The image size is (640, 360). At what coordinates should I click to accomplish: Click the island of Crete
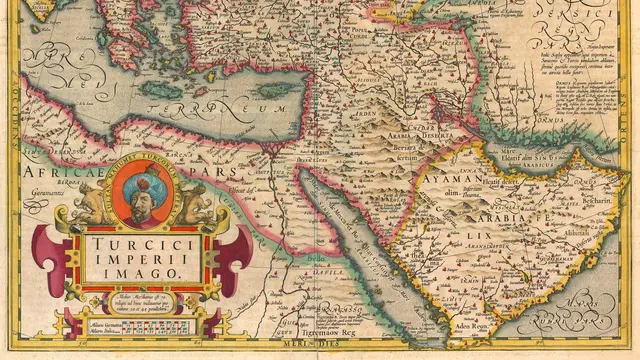[x=165, y=90]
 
